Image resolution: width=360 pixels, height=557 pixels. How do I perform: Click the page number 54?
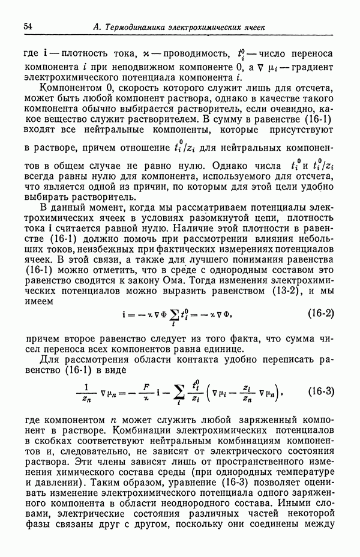[x=28, y=26]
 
